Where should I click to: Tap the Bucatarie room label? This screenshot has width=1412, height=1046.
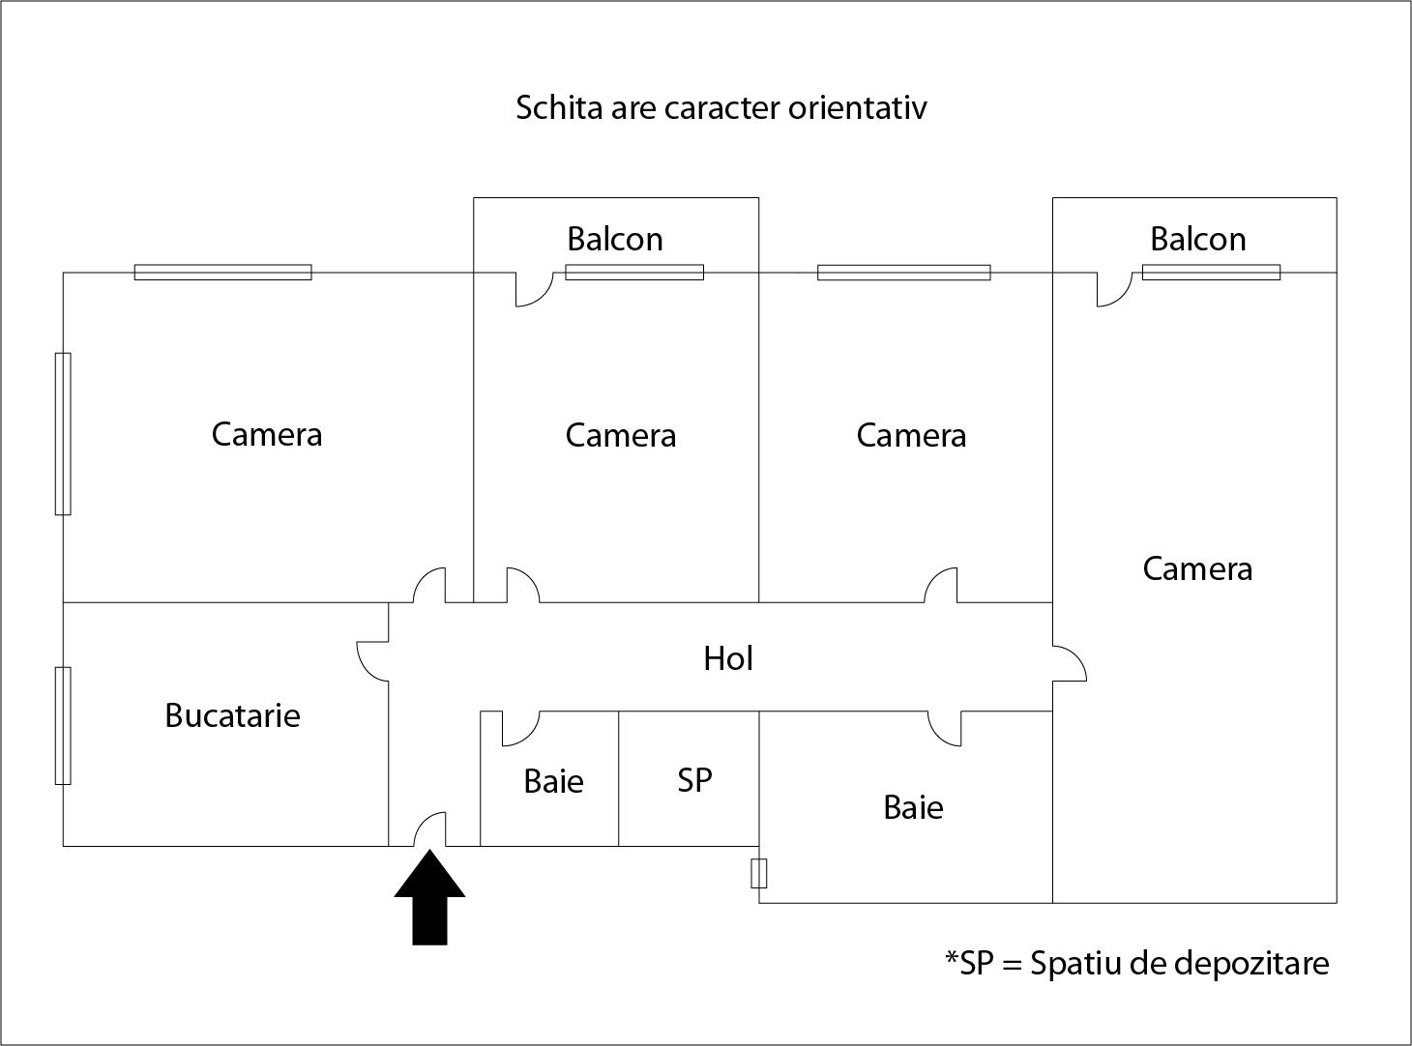[x=232, y=715]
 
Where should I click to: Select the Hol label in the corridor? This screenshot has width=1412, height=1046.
[x=727, y=658]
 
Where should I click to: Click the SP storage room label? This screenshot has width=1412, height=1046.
[x=694, y=779]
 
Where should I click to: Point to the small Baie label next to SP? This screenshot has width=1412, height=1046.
[x=553, y=781]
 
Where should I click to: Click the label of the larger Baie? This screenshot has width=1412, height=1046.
[x=913, y=807]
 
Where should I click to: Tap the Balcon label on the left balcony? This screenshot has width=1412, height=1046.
[x=615, y=239]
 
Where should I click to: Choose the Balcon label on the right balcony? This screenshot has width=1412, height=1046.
[x=1197, y=239]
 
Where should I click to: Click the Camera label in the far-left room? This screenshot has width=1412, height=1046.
[x=266, y=434]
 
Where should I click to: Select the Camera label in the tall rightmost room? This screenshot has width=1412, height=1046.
[x=1197, y=568]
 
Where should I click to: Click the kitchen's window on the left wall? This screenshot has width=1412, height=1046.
[x=63, y=725]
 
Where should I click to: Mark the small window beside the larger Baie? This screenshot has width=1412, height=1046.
[x=759, y=873]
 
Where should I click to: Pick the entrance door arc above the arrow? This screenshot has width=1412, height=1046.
[x=431, y=828]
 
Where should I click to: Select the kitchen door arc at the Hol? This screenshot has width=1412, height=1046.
[x=372, y=660]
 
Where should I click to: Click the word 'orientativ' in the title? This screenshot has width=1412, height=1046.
[x=857, y=106]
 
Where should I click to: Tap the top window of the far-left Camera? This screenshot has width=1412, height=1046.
[x=222, y=273]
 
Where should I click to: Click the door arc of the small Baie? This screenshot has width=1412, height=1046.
[x=520, y=729]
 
